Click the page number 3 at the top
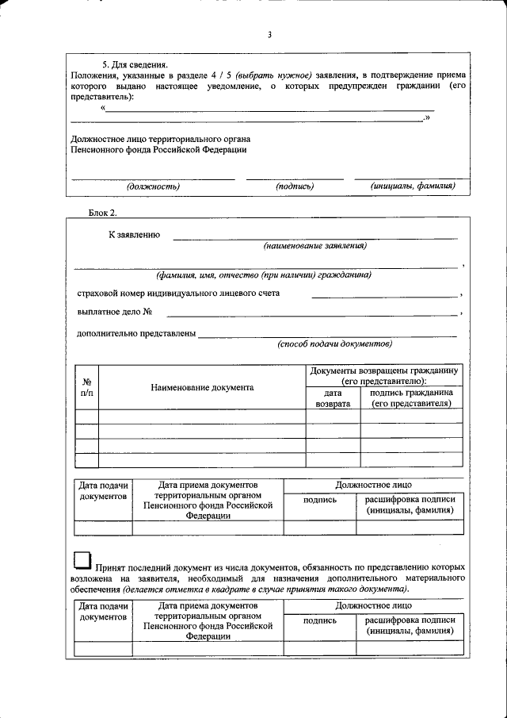[x=269, y=34]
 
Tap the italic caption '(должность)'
[x=154, y=186]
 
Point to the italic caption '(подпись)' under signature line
[x=295, y=186]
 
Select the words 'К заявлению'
[x=135, y=234]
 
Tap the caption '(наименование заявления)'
[x=315, y=246]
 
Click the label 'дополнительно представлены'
[x=136, y=333]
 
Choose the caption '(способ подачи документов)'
[x=334, y=344]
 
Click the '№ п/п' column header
[x=87, y=387]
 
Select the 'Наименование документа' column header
[x=202, y=387]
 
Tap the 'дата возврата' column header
[x=333, y=397]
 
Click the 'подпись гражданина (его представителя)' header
[x=411, y=397]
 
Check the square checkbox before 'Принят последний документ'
[x=82, y=562]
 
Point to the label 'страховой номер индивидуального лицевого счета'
[x=178, y=293]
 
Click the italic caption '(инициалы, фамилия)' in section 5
[x=412, y=186]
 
